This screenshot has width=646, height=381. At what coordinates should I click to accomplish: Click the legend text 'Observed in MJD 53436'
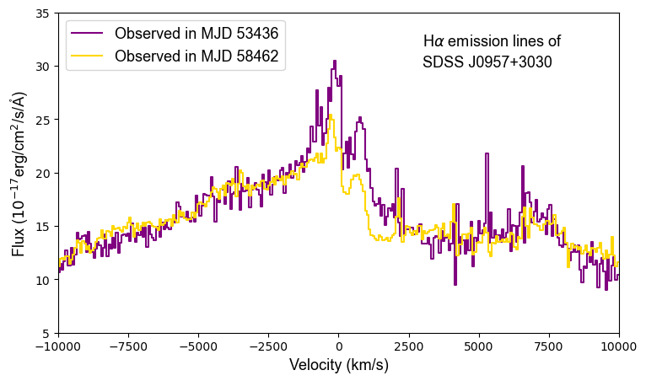196,34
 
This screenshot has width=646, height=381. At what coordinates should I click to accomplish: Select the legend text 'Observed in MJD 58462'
196,56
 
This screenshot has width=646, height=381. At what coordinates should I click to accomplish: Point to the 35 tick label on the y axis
41,13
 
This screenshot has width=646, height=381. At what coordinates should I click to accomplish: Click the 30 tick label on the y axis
41,67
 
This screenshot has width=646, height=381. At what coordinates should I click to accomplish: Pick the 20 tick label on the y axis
41,174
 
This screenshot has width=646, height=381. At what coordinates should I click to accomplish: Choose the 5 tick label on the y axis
45,334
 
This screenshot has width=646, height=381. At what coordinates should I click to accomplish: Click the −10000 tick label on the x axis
58,345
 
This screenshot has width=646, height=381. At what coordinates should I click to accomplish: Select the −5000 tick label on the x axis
198,345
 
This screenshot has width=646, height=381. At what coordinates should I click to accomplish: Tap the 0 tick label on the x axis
339,345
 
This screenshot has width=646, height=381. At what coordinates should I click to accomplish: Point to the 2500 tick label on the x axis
409,345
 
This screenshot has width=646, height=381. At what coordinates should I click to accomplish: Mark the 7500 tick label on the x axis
549,345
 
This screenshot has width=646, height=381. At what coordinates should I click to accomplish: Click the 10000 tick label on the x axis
619,345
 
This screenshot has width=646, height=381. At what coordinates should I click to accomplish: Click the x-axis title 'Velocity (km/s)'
339,365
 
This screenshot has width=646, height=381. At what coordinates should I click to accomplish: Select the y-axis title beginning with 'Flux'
19,177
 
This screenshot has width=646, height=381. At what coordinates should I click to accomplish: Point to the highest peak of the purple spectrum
335,62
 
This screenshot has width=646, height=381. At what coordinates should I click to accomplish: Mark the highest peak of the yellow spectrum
331,115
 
